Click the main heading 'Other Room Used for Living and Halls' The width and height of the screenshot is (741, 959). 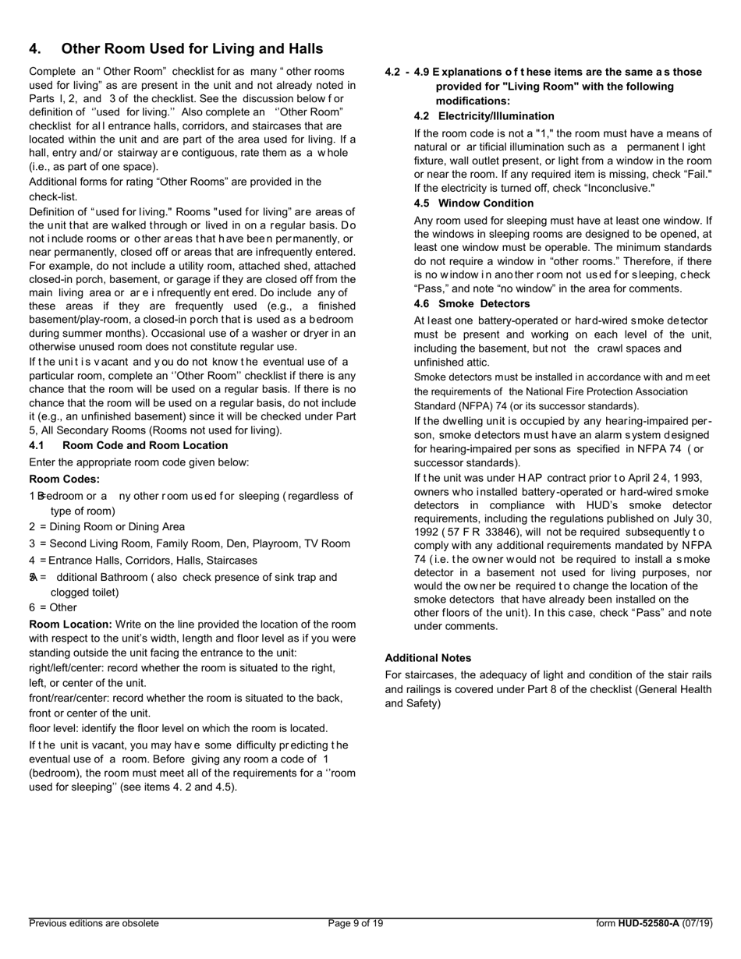192,49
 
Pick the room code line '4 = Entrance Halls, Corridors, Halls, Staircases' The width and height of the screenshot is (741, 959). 143,560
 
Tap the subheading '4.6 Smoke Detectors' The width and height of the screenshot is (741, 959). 471,303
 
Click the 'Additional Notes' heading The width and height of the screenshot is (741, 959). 427,657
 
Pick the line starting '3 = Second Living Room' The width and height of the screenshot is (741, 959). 190,543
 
